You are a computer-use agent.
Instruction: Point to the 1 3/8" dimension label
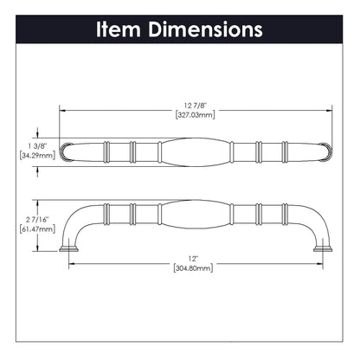(39, 146)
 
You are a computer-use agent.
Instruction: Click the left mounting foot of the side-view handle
(70, 249)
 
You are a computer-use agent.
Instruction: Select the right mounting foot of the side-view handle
(325, 249)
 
